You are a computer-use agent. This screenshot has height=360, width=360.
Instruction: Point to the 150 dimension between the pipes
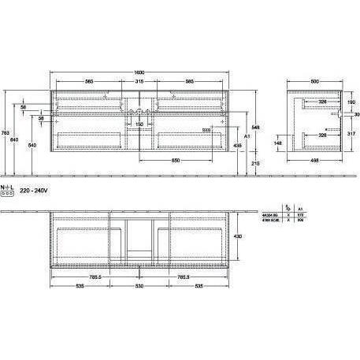[139, 124]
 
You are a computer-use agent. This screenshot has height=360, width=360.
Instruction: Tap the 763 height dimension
[6, 132]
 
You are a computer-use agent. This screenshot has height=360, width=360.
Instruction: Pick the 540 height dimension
[32, 146]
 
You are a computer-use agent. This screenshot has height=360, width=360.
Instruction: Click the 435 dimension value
[237, 146]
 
